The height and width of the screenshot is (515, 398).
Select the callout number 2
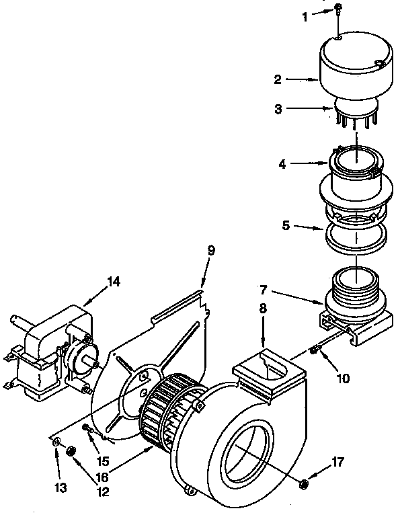[277, 79]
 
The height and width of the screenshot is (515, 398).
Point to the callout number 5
[285, 227]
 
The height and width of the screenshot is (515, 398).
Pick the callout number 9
[211, 250]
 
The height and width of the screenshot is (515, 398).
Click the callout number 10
[343, 379]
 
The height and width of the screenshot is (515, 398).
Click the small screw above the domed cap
[338, 8]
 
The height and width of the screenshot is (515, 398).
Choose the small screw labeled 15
[88, 427]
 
